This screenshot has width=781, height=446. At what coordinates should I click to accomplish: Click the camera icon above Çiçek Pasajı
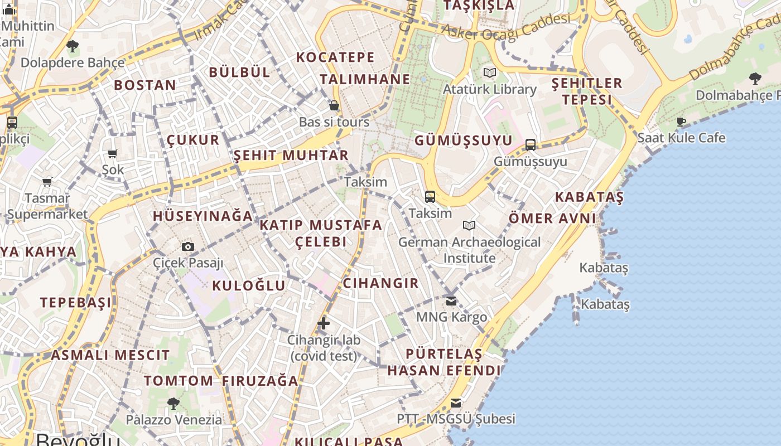tap(188, 246)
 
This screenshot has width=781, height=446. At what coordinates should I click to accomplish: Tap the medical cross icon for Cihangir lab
tap(324, 323)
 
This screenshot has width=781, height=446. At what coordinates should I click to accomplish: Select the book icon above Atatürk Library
tap(489, 72)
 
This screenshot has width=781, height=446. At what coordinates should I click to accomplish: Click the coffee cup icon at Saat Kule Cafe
tap(681, 121)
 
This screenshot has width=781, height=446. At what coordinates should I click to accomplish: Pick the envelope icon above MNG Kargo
tap(451, 301)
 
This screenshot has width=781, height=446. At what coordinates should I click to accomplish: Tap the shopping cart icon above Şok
tap(113, 153)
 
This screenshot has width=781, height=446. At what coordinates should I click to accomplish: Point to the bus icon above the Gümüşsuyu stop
tap(531, 145)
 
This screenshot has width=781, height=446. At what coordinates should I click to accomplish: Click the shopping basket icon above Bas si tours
tap(334, 105)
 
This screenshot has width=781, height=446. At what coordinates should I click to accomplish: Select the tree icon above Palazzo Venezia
tap(173, 403)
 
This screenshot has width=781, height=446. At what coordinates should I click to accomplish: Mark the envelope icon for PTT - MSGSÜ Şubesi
tap(456, 403)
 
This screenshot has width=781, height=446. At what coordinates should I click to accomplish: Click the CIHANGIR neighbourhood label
tap(380, 283)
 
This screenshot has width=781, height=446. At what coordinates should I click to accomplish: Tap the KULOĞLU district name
tap(249, 285)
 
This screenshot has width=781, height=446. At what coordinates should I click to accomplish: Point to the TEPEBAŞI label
tap(76, 302)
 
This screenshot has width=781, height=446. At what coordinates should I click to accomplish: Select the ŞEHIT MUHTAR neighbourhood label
tap(291, 155)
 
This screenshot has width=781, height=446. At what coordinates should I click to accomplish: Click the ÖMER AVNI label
tap(552, 218)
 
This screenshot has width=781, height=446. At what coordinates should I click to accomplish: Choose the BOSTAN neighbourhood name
tap(145, 85)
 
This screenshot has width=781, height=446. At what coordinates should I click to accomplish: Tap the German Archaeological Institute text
tap(469, 250)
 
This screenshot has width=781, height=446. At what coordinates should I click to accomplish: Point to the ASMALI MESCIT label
tap(110, 355)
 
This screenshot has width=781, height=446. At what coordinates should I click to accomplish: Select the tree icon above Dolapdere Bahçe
tap(72, 46)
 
